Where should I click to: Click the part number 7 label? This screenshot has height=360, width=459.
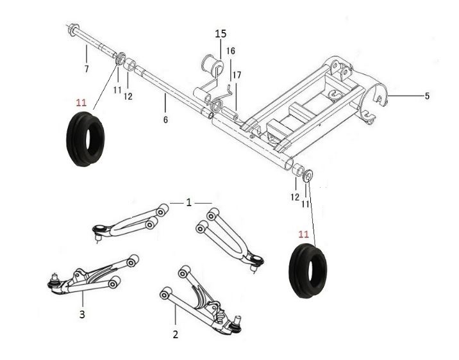click(87, 69)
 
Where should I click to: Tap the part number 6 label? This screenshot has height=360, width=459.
click(165, 120)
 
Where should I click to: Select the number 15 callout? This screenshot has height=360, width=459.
click(221, 34)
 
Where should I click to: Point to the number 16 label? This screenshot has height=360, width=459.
click(231, 51)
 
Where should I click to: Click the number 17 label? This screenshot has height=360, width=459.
click(237, 76)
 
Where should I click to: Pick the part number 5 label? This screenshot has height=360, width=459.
click(427, 96)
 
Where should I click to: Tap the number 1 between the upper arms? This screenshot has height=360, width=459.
click(189, 202)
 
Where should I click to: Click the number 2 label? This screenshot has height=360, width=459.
click(176, 334)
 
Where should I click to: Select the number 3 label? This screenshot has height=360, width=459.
click(82, 315)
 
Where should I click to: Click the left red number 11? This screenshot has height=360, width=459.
click(81, 103)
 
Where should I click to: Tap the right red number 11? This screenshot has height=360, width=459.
click(304, 234)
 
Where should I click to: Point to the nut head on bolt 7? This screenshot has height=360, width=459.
click(72, 30)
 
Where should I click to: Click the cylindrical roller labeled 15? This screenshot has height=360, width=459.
click(212, 65)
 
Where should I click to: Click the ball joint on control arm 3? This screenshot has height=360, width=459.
click(54, 282)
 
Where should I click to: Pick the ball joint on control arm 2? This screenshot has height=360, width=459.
click(236, 325)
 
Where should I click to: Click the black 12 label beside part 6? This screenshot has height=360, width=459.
click(128, 96)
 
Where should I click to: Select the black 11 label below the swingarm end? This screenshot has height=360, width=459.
click(305, 204)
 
